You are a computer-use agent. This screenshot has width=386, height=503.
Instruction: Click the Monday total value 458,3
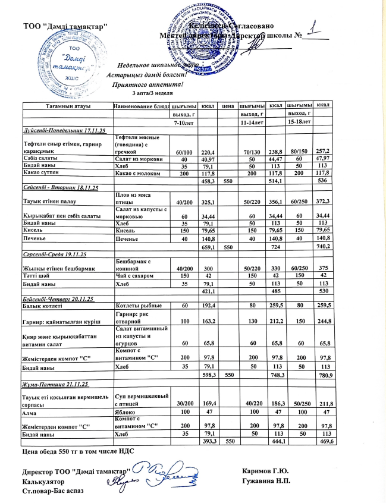(x=208, y=180)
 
